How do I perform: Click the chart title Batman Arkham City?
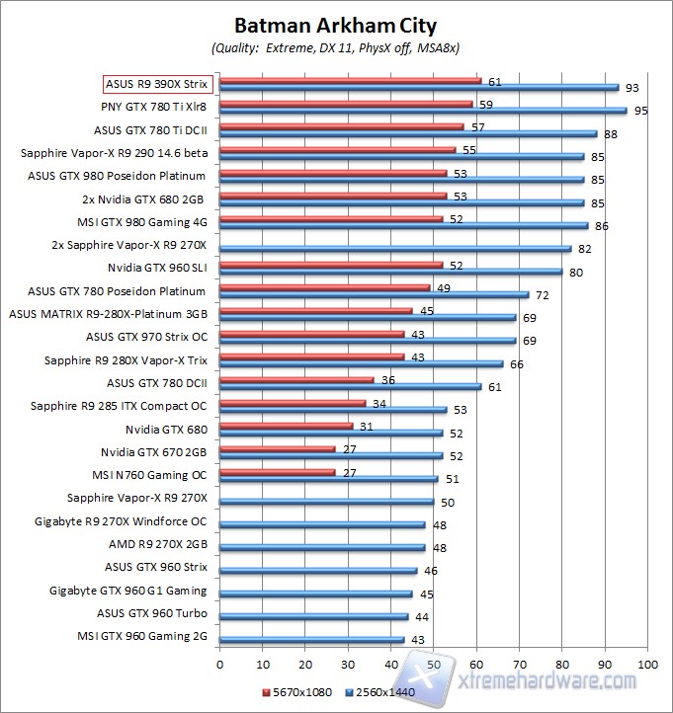[336, 25]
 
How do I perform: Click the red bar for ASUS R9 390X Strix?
[350, 81]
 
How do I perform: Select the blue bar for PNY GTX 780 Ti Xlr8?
[423, 111]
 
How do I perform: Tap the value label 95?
[641, 111]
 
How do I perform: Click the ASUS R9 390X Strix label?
[158, 84]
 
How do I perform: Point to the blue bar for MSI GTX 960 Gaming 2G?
[311, 639]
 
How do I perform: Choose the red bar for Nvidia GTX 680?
[286, 426]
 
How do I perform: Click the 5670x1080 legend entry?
[301, 691]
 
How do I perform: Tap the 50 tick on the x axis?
[433, 665]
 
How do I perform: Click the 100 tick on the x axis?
[647, 665]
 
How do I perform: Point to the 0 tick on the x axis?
[219, 665]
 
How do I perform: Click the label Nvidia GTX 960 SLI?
[157, 268]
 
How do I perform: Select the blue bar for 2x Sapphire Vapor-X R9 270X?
[395, 248]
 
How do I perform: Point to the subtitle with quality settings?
[336, 47]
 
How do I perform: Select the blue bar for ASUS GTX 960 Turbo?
[313, 616]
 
